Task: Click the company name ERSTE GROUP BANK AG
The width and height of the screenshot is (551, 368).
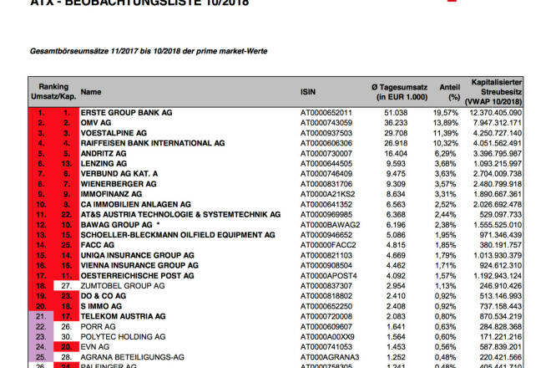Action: [x=126, y=112]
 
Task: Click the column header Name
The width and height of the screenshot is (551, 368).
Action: [x=91, y=92]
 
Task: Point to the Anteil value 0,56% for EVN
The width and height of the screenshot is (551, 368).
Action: [x=448, y=346]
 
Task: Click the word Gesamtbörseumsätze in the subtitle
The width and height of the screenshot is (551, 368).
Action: [x=67, y=51]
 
